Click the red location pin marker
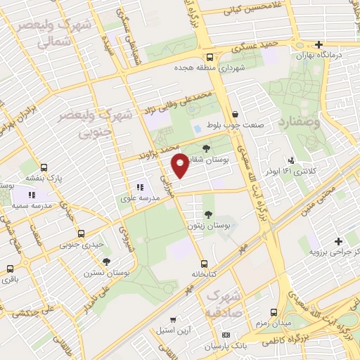[x=181, y=165]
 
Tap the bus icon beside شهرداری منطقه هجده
[x=210, y=58]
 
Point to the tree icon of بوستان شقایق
[x=206, y=148]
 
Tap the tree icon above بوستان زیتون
[x=208, y=213]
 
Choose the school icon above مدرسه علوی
[x=140, y=188]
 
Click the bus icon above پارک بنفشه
[x=44, y=168]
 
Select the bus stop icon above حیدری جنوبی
[x=81, y=233]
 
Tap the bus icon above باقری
[x=10, y=269]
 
